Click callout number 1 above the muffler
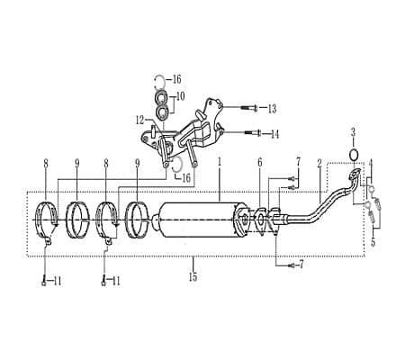pos(219,162)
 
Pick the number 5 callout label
pos(373,242)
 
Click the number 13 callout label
pos(271,109)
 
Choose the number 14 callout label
pos(274,133)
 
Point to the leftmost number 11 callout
pos(56,281)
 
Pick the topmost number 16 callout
pos(176,78)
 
